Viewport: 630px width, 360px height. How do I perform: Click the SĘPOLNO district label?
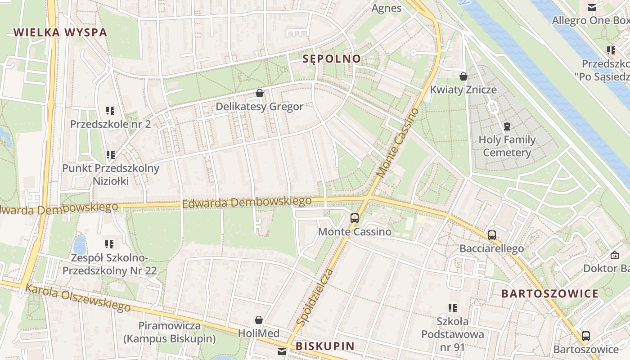(x=332, y=58)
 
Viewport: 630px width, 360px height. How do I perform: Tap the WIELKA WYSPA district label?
(x=60, y=32)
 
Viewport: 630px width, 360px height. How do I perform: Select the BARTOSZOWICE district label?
(x=550, y=294)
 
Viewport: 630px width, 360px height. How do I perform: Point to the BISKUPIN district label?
(x=325, y=346)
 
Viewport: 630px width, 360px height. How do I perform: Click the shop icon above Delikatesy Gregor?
(x=260, y=94)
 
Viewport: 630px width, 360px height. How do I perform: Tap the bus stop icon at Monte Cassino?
(x=355, y=218)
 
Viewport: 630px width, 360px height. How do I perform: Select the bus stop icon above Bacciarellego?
(x=492, y=235)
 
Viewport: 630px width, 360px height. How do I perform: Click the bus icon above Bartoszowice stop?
(x=585, y=336)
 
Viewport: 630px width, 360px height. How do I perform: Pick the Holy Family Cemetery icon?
(x=507, y=126)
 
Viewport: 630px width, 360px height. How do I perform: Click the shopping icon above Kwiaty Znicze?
(x=463, y=76)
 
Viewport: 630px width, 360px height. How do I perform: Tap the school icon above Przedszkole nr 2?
(x=110, y=110)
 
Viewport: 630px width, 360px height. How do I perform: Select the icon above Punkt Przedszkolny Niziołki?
(x=110, y=155)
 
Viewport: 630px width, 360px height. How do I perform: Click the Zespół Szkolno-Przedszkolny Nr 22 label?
(x=109, y=265)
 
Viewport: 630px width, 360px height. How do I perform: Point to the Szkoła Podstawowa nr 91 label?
(x=453, y=334)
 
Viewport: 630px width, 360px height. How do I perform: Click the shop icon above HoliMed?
(x=259, y=320)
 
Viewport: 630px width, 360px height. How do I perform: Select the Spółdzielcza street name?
(x=315, y=297)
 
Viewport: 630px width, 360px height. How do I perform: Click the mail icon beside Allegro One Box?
(x=592, y=8)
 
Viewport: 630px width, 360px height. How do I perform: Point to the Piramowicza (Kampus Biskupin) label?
(x=170, y=332)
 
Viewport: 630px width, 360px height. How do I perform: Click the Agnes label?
(x=386, y=8)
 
